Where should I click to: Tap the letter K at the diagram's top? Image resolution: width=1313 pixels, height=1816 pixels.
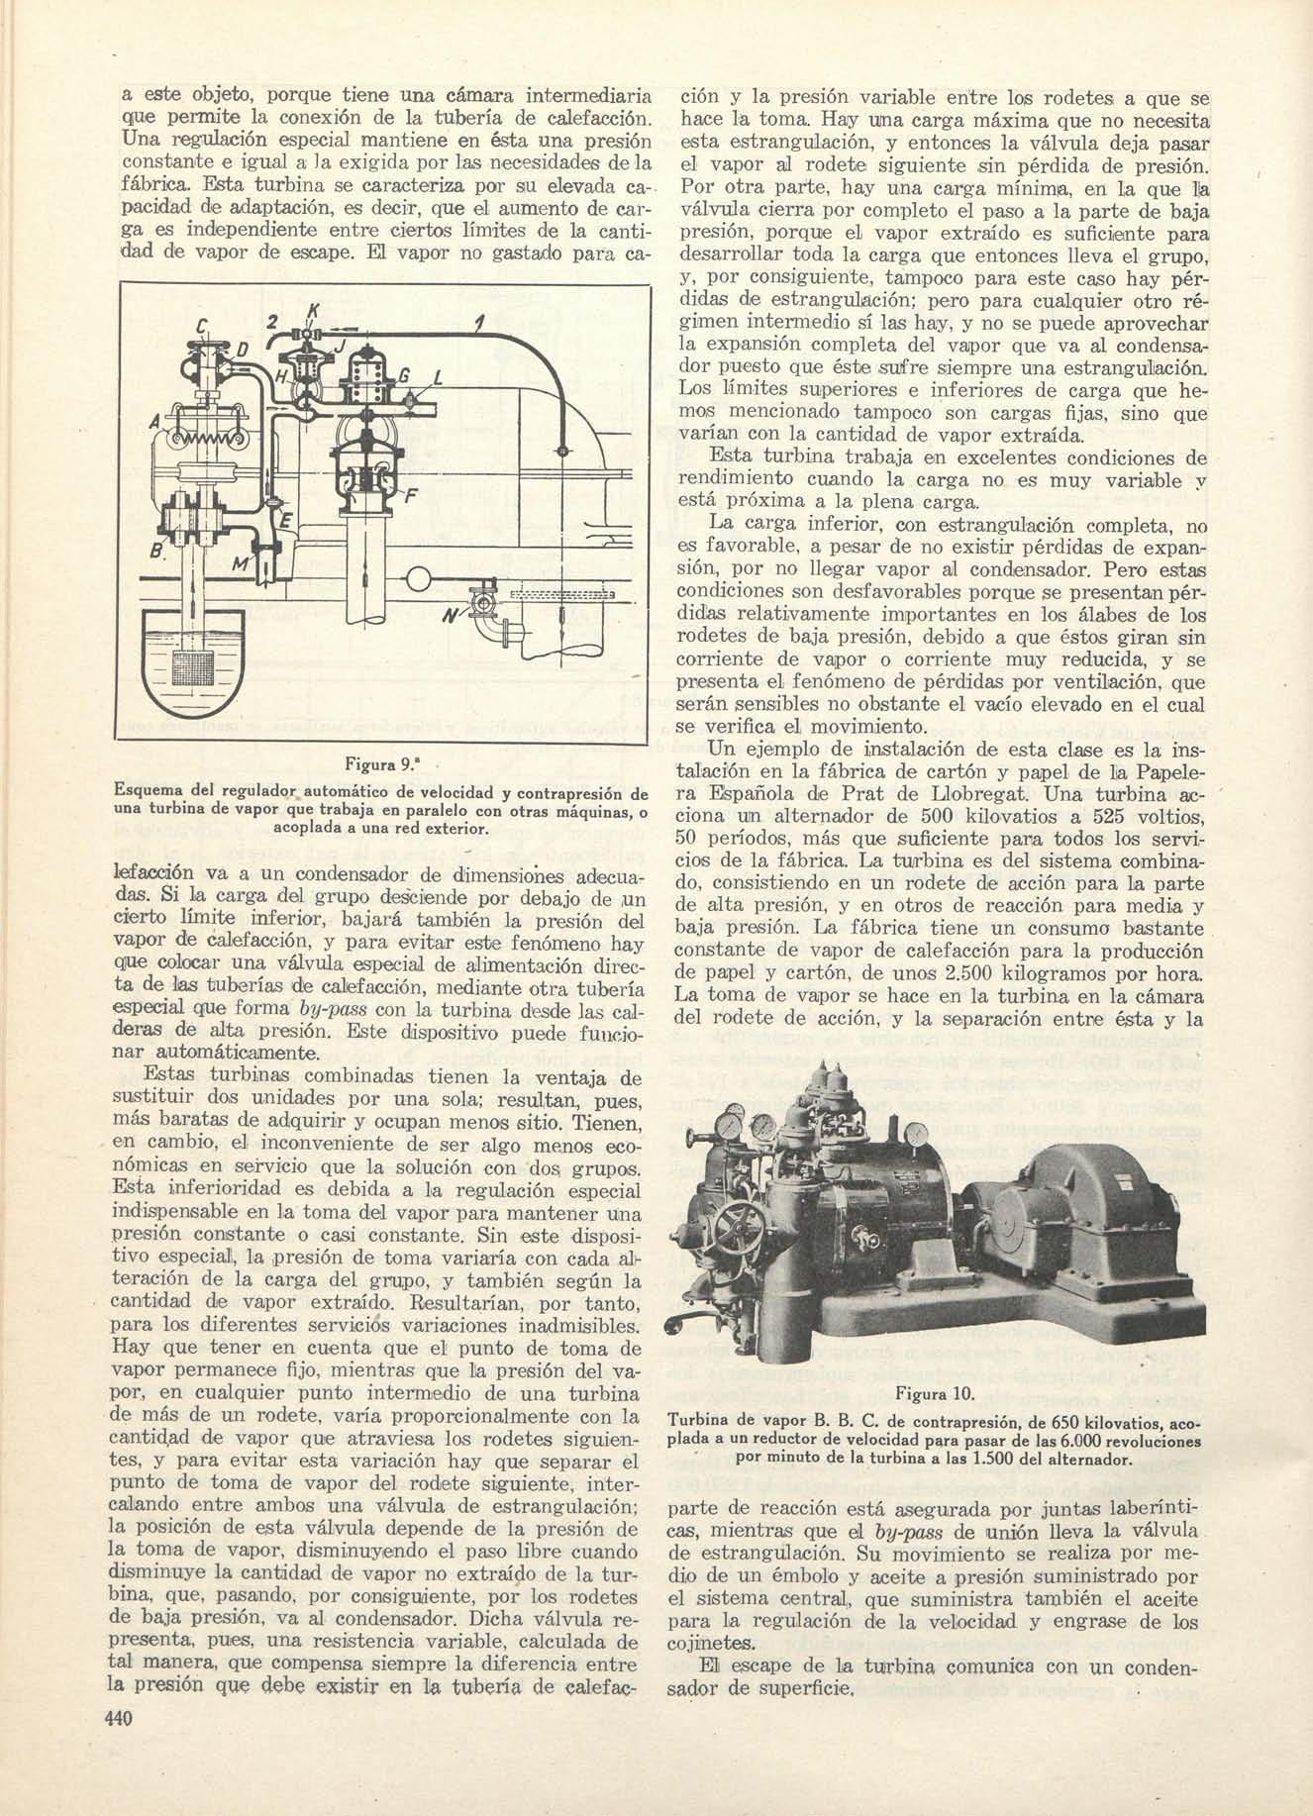(x=314, y=312)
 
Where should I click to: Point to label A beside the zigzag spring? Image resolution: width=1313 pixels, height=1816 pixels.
(x=154, y=423)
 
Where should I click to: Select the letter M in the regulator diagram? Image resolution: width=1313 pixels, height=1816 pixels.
(x=238, y=563)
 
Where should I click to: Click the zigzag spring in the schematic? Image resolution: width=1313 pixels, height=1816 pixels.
(x=208, y=437)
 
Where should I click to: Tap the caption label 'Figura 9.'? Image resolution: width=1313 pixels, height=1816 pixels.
(x=380, y=764)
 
